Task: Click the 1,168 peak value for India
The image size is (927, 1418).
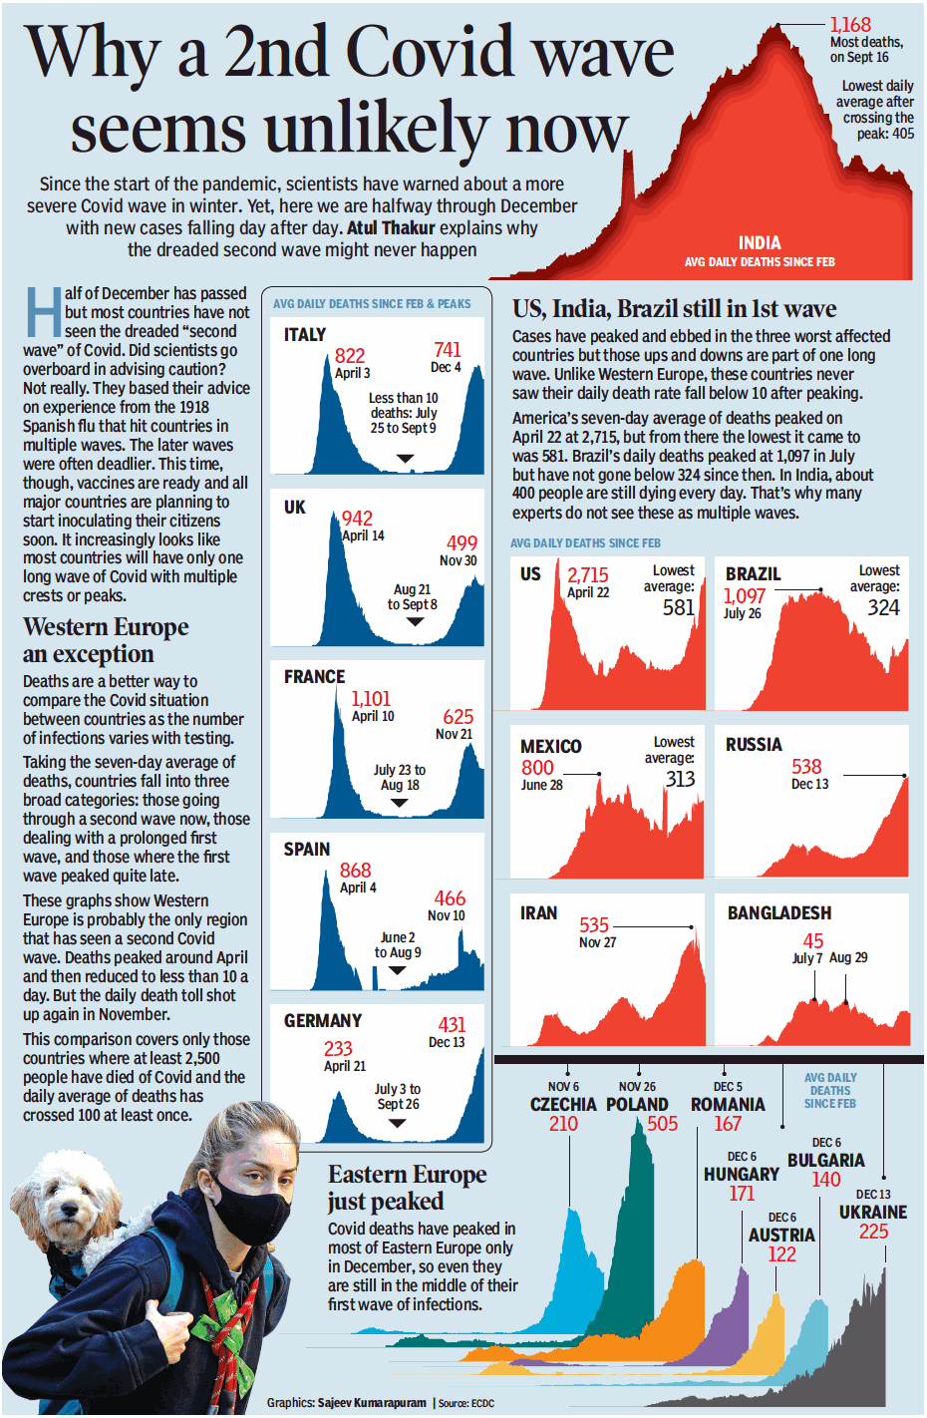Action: point(850,25)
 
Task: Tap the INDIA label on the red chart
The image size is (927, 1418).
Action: point(760,243)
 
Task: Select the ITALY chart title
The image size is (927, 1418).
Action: point(305,335)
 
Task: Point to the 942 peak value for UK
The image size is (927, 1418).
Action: point(357,519)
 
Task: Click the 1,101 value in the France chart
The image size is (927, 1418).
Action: point(371,699)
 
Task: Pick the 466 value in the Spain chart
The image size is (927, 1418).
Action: point(450,898)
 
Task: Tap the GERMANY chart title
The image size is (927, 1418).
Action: point(323,1021)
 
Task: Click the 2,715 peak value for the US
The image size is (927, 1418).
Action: point(588,575)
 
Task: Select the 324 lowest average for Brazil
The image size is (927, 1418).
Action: point(883,608)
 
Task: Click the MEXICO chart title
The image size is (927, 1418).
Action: point(551,747)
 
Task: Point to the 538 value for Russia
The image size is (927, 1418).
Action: point(806,767)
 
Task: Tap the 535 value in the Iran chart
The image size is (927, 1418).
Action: point(594,925)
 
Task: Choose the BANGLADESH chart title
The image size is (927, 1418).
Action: point(779,913)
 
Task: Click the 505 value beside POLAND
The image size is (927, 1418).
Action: point(662,1124)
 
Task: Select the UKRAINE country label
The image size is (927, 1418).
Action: point(873,1213)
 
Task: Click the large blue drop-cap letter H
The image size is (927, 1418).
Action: point(43,312)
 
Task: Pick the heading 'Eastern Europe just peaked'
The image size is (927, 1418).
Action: point(407,1188)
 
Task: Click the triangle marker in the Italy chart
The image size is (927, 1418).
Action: point(406,459)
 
